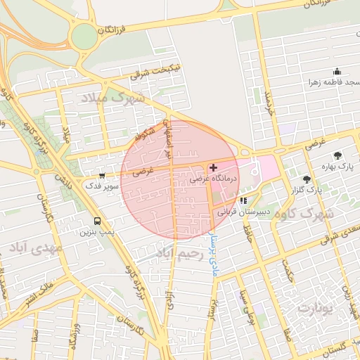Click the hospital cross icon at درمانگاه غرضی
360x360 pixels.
(213, 168)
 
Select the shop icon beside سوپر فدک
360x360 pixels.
(103, 176)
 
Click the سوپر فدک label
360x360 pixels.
(98, 186)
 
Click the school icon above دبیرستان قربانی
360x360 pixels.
(243, 200)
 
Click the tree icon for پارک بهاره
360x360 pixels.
(338, 155)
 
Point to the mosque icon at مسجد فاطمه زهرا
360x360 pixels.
(337, 71)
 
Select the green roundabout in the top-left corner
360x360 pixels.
(84, 36)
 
